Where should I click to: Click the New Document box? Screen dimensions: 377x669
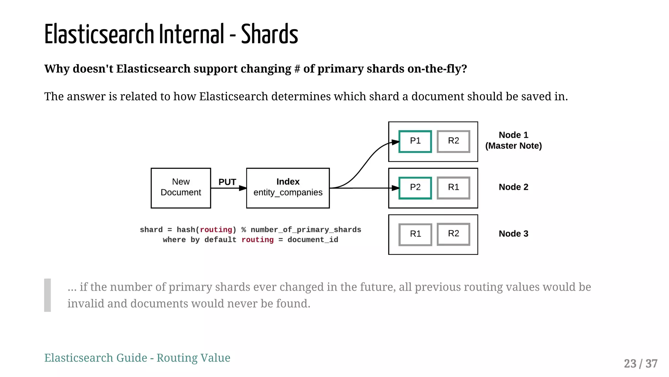point(181,188)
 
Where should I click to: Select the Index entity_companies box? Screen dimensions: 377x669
point(288,188)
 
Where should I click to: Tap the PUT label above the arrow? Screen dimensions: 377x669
point(227,182)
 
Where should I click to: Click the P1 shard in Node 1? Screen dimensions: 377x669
point(415,141)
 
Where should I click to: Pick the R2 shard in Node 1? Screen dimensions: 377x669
point(453,141)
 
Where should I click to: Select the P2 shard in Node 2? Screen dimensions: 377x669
point(415,188)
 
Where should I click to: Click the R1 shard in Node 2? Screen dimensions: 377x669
point(453,188)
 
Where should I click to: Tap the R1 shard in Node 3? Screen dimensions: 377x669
point(415,234)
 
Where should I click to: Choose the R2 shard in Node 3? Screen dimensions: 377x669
point(453,234)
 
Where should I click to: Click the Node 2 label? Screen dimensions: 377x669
point(513,187)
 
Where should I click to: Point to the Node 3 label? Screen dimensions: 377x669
point(513,234)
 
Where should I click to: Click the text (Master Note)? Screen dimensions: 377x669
point(513,146)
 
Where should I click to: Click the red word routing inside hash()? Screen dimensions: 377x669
point(216,230)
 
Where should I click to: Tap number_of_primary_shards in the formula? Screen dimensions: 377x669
point(306,230)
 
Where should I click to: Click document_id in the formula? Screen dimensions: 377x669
point(313,240)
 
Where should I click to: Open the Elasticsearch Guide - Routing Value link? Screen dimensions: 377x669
point(137,358)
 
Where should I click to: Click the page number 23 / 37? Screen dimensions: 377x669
point(640,364)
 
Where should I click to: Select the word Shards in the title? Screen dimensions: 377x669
point(269,34)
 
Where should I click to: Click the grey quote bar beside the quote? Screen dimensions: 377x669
point(48,295)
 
